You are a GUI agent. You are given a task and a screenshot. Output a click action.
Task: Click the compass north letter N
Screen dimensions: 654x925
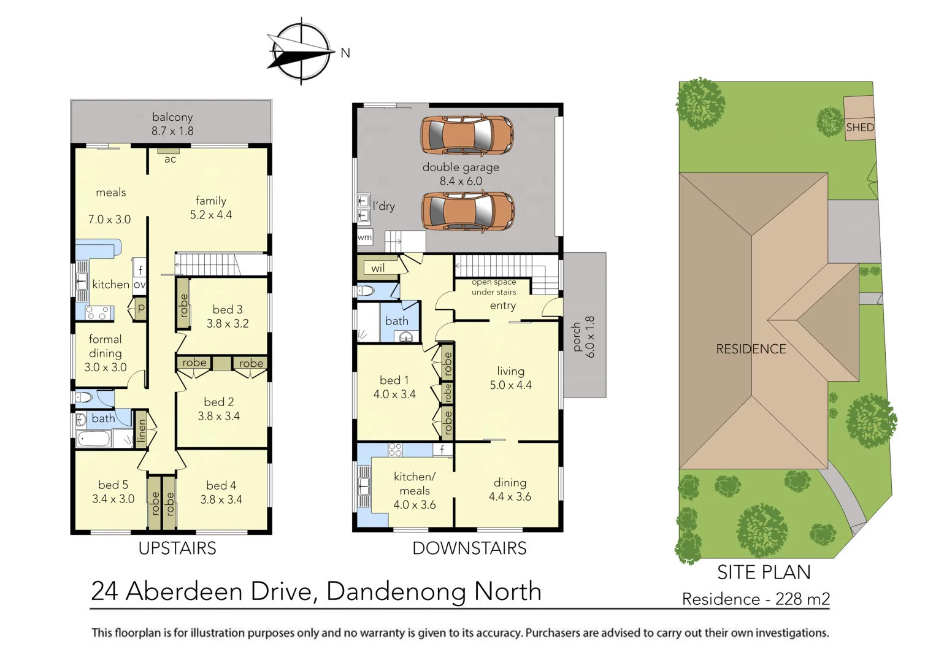pos(345,53)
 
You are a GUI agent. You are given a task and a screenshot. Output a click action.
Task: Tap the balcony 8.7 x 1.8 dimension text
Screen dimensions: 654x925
pos(172,131)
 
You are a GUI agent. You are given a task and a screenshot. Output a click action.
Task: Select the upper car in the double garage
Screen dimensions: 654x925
pos(467,135)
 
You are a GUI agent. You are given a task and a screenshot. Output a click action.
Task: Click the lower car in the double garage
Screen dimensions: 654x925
pos(467,211)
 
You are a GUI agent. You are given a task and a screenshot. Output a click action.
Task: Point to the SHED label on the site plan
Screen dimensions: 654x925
pos(859,128)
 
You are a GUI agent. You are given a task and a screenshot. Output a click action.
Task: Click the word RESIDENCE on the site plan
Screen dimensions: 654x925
pos(751,349)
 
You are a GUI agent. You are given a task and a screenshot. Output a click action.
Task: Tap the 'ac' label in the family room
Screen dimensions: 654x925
pos(170,160)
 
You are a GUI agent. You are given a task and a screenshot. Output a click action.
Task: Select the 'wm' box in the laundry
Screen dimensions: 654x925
pos(364,237)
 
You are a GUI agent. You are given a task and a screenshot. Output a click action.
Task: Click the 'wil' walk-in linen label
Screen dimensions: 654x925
pos(378,268)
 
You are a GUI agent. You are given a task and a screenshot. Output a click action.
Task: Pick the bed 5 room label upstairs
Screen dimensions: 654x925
pos(113,485)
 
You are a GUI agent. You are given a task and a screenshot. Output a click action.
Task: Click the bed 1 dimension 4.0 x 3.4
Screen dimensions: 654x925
pos(394,394)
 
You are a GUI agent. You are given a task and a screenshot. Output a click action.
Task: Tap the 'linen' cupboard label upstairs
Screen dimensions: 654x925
pos(142,430)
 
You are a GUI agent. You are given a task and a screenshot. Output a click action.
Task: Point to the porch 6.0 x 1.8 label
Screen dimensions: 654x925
pos(583,337)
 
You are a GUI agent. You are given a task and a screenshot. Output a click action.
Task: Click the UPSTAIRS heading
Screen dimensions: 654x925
pos(177,548)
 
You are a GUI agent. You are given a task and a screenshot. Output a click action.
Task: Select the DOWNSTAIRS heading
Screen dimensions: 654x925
pos(469,548)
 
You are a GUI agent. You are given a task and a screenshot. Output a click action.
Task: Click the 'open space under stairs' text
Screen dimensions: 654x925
pos(494,287)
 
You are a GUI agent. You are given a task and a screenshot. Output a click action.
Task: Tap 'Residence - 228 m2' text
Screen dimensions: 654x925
pos(756,599)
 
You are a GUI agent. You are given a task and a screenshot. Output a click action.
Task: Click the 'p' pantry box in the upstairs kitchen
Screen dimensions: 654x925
pos(141,308)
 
